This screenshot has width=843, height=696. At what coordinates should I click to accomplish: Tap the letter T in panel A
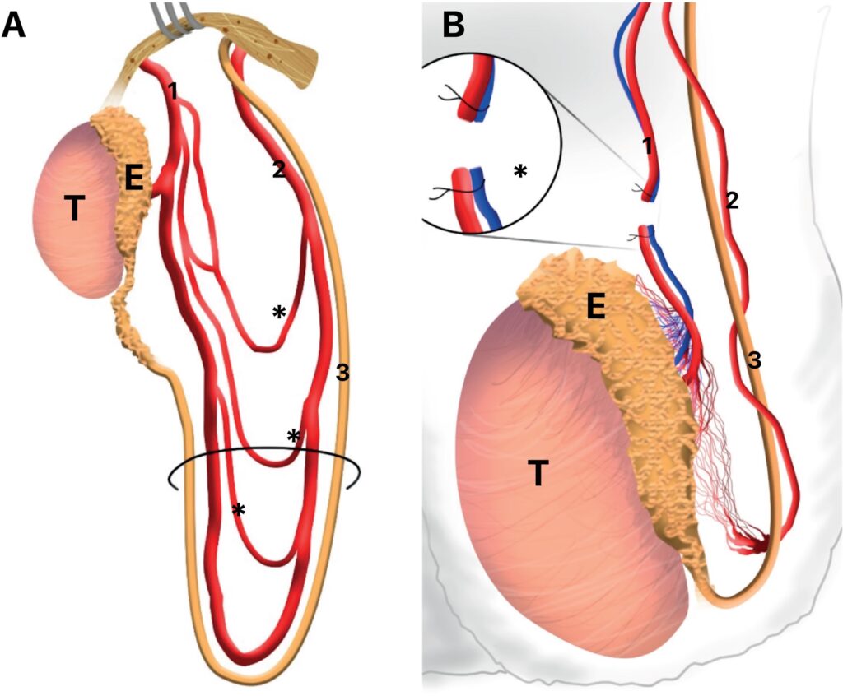pos(74,210)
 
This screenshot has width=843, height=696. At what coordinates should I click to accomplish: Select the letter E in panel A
pos(134,179)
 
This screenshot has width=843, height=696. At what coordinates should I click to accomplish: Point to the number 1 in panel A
pos(174,91)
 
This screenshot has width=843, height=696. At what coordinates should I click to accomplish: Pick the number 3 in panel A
pos(342,373)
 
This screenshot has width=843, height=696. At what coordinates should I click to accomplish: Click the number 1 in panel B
pos(648,147)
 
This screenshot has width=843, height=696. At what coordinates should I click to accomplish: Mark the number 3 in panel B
pos(753,359)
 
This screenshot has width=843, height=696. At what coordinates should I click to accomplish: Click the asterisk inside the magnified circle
pos(519,171)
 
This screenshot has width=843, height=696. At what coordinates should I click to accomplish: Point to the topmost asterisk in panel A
pos(280,313)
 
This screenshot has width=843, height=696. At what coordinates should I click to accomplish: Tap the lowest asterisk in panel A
pos(239,510)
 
